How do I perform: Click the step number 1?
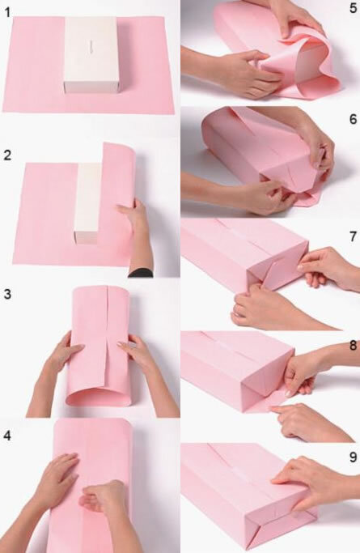pos(7,13)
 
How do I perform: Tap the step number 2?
pos(7,155)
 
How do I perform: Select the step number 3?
pos(7,294)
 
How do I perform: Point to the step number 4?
pos(7,436)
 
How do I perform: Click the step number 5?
pos(354,8)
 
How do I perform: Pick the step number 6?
pos(354,119)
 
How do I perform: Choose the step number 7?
pos(354,236)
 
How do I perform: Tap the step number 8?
pos(354,345)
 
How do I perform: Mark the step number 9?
pos(354,457)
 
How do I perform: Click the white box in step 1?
pos(91,55)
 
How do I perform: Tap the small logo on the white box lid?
pos(91,47)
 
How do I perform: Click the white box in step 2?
pos(87,202)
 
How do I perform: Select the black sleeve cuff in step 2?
pos(141,273)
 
